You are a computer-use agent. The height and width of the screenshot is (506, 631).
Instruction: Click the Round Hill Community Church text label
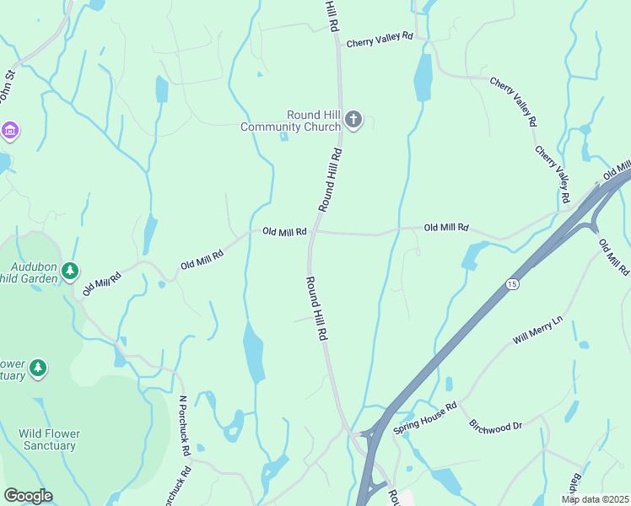pos(291,121)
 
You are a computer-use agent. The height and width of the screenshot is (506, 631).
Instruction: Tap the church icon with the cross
pos(353,120)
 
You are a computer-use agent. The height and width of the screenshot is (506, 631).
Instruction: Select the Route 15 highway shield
pos(512,284)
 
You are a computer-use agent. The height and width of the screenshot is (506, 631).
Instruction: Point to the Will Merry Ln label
pos(537,331)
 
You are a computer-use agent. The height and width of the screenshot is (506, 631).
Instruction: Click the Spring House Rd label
pos(424,419)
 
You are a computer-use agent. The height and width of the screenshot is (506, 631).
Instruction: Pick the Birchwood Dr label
pos(496,426)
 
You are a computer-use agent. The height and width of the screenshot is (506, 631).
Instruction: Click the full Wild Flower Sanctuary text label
pos(49,439)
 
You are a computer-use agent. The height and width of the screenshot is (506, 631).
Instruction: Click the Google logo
pos(28,496)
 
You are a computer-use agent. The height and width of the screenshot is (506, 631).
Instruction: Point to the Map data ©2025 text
pos(595,499)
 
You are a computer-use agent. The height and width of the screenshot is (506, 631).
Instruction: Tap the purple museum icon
pos(9,131)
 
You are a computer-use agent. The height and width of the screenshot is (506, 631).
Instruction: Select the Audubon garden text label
pos(30,271)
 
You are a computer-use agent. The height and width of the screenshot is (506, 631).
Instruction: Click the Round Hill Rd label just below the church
pos(330,180)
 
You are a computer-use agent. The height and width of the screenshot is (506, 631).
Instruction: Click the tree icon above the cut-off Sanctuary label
pos(37,368)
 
